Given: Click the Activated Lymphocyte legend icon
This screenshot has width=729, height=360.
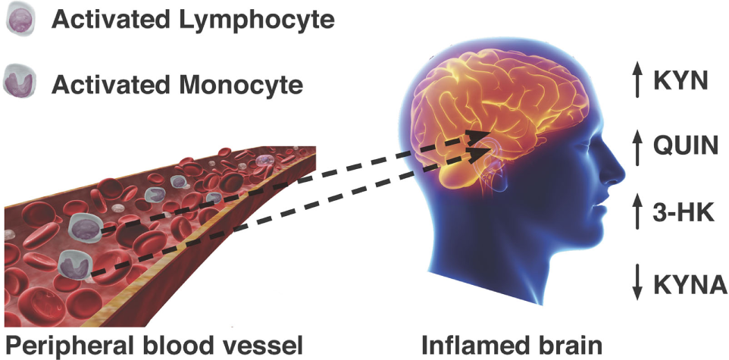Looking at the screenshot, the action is (18, 20).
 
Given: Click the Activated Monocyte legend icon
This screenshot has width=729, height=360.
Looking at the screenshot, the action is (18, 81).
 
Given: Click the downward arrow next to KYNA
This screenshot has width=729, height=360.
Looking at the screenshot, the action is (638, 284).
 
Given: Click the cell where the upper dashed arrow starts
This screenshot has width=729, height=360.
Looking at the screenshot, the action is (83, 225).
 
